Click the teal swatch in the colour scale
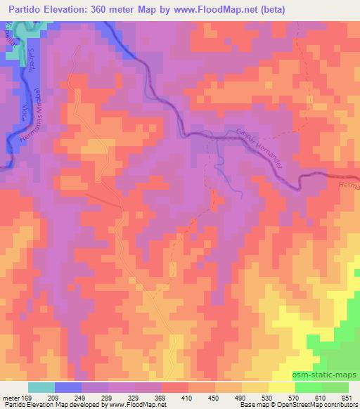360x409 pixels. (x=42, y=387)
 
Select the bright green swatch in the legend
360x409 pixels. (x=309, y=387)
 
